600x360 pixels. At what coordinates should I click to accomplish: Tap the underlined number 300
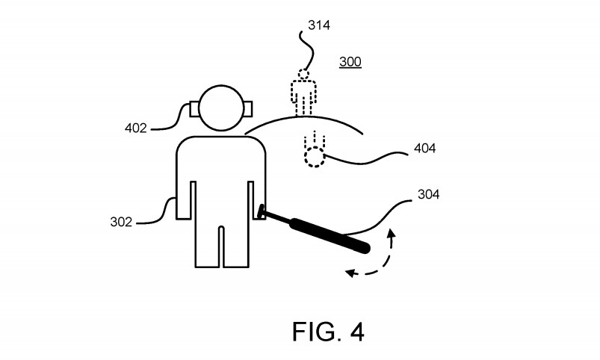350,62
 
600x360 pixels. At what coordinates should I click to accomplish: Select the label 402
136,127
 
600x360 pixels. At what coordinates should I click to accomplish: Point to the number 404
424,149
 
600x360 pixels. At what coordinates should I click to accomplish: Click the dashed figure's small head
303,75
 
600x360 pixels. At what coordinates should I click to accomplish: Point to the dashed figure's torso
303,93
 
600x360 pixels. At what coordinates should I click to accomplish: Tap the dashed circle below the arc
315,157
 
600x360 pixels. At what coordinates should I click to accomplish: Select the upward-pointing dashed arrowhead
392,237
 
